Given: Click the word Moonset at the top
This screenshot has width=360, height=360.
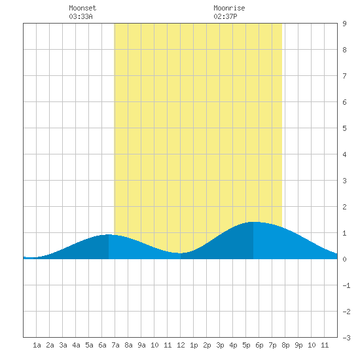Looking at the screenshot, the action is [x=82, y=8].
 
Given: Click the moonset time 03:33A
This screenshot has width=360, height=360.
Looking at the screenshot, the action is [x=81, y=16].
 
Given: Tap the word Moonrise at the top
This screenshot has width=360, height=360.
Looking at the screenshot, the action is [x=229, y=8].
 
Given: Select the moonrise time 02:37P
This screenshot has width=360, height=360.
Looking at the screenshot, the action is [x=225, y=16].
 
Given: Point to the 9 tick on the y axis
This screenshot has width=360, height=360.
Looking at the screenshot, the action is [x=344, y=24].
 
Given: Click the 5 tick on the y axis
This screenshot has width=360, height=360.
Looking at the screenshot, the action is [x=344, y=128].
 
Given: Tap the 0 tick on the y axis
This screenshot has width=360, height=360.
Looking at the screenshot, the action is [x=344, y=259].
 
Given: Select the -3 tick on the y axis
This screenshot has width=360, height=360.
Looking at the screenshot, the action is [x=346, y=338].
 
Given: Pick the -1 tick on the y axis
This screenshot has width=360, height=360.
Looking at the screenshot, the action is [x=346, y=285].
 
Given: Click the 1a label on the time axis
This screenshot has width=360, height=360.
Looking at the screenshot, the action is [x=37, y=345].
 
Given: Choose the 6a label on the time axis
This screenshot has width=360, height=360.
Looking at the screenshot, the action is [x=102, y=345].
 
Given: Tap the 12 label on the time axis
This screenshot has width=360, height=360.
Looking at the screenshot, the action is [x=181, y=345].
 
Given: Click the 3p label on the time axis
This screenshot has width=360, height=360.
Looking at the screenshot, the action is [x=220, y=345].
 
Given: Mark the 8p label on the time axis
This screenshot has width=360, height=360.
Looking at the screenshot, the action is [x=285, y=345].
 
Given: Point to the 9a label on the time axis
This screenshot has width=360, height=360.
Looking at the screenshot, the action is [x=141, y=345].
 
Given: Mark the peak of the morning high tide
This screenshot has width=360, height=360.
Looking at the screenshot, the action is [x=109, y=234].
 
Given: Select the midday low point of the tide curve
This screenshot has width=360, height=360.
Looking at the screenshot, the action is [x=181, y=253].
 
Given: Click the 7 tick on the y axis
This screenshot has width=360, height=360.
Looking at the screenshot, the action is [x=344, y=76].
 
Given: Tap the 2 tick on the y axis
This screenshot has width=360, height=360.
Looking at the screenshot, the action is [x=344, y=207].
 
